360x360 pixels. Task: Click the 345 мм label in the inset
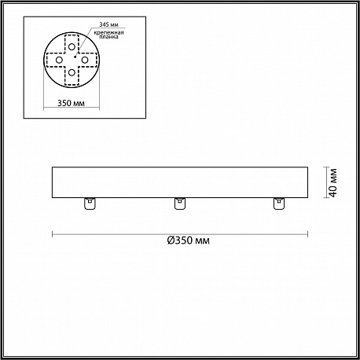108,24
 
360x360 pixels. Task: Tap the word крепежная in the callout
108,32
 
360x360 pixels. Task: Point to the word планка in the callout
108,37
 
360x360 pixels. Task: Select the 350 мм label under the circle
71,103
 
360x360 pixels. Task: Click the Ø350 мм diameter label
189,241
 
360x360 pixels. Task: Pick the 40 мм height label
333,182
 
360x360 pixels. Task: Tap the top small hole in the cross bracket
72,47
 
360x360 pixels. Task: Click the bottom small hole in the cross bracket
72,72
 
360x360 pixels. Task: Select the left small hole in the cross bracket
59,60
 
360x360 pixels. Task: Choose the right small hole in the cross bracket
85,60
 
